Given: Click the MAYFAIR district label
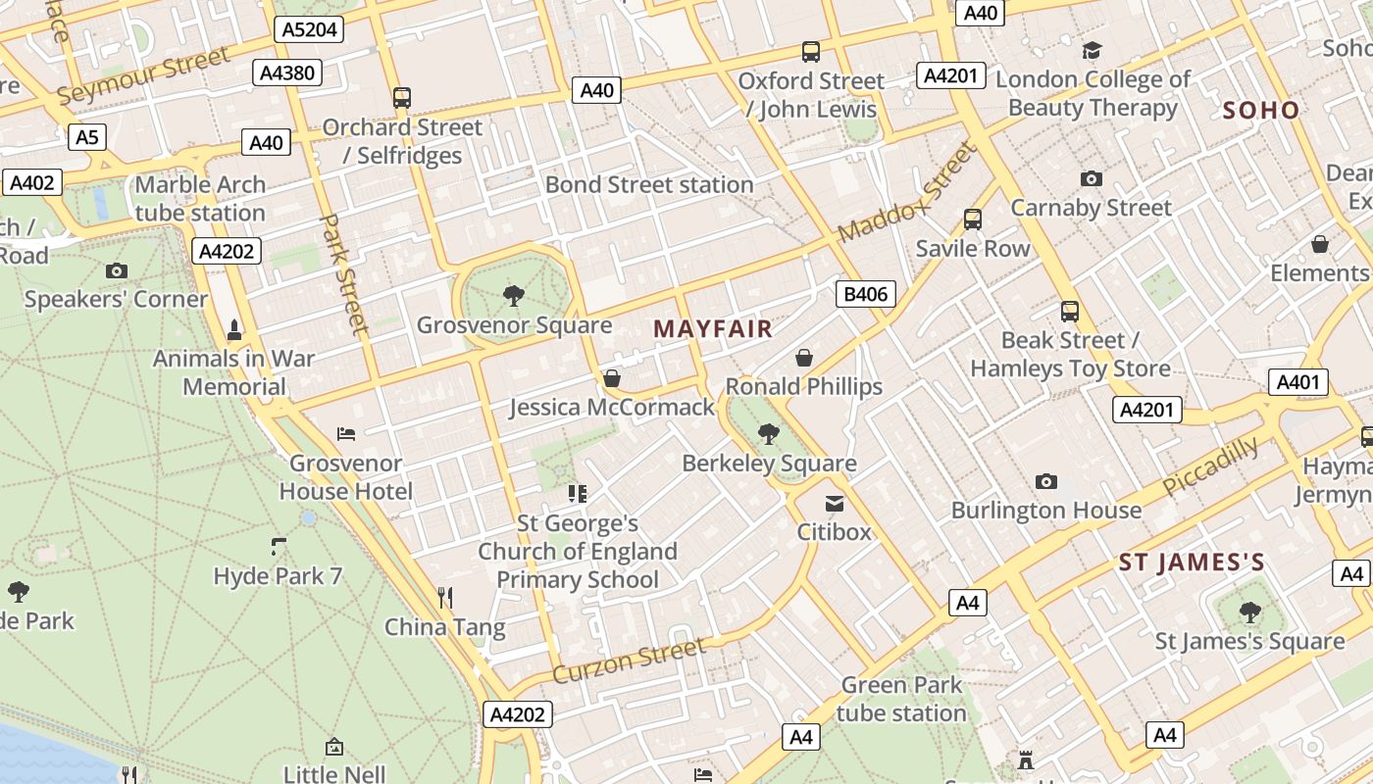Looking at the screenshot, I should [x=713, y=329].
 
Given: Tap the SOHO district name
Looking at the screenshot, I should [x=1260, y=110].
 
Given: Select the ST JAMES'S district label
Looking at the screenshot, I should [x=1192, y=563].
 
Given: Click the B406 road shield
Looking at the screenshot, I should [x=865, y=293].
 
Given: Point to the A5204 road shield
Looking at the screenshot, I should [x=309, y=29].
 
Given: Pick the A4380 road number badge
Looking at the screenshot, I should [x=286, y=73].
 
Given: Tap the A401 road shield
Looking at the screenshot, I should [x=1298, y=382].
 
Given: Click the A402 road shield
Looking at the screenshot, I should [x=32, y=182].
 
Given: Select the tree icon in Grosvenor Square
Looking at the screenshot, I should [x=513, y=295].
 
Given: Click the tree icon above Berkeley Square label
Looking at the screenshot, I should [x=769, y=433].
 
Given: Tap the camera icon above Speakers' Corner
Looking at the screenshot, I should [x=117, y=270].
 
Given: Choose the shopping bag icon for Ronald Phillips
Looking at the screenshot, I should [x=804, y=358].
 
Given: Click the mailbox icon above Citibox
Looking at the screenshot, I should [x=835, y=504].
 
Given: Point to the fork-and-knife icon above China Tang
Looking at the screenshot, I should [x=445, y=597].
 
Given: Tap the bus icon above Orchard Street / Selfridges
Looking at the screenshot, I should [x=402, y=98].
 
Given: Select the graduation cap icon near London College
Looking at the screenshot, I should [x=1092, y=50].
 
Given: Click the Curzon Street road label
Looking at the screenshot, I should [x=629, y=661].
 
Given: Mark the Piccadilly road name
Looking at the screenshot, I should [x=1210, y=465].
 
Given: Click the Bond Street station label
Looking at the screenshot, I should [x=649, y=184].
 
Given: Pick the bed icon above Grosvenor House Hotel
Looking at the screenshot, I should [x=345, y=433].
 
